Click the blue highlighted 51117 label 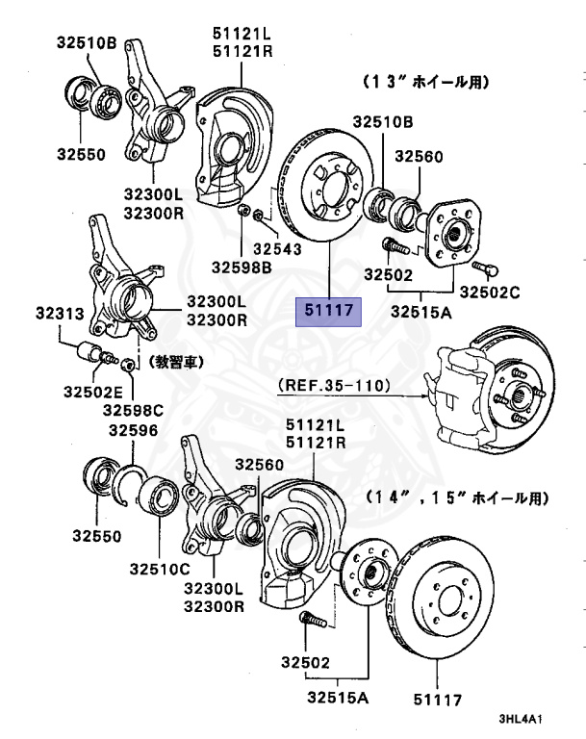pos(327,311)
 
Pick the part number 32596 pos(136,431)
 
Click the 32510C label pos(161,570)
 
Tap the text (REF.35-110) pos(333,387)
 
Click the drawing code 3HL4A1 pos(521,719)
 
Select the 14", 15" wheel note pos(457,498)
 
